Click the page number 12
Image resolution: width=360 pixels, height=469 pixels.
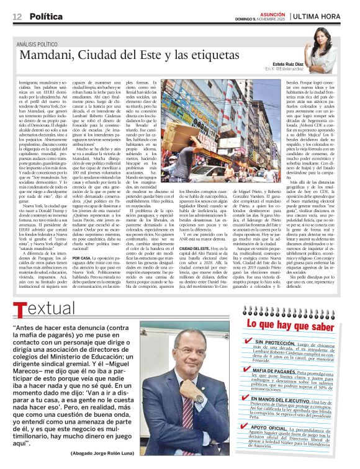(x=17, y=16)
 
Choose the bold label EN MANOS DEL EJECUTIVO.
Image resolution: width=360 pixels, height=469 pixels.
(x=285, y=400)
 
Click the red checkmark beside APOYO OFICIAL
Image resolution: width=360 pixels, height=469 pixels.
(x=249, y=427)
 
